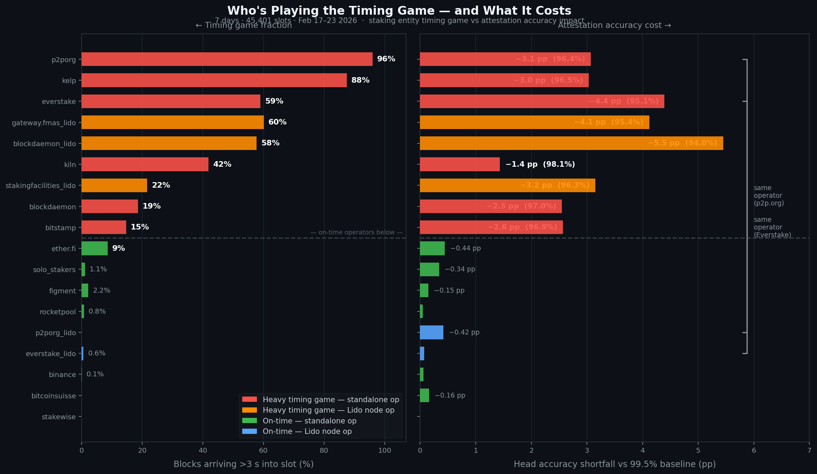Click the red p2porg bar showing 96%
click(227, 59)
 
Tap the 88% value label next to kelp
click(360, 80)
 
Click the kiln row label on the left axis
click(70, 165)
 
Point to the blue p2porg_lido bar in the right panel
click(432, 332)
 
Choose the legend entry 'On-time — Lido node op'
click(307, 431)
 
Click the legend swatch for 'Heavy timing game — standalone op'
click(250, 399)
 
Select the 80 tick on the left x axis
click(324, 450)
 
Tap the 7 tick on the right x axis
click(809, 450)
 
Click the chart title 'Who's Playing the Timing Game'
click(399, 11)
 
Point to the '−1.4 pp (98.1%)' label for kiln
click(540, 164)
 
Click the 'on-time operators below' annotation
click(356, 232)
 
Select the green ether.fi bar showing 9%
click(94, 248)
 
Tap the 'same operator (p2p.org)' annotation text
click(769, 195)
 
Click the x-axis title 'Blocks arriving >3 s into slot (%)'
click(243, 464)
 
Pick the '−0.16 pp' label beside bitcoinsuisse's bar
click(450, 396)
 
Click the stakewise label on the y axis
click(59, 417)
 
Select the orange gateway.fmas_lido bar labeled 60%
click(173, 122)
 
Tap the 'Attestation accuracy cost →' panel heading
click(614, 25)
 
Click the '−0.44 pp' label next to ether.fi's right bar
click(465, 248)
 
